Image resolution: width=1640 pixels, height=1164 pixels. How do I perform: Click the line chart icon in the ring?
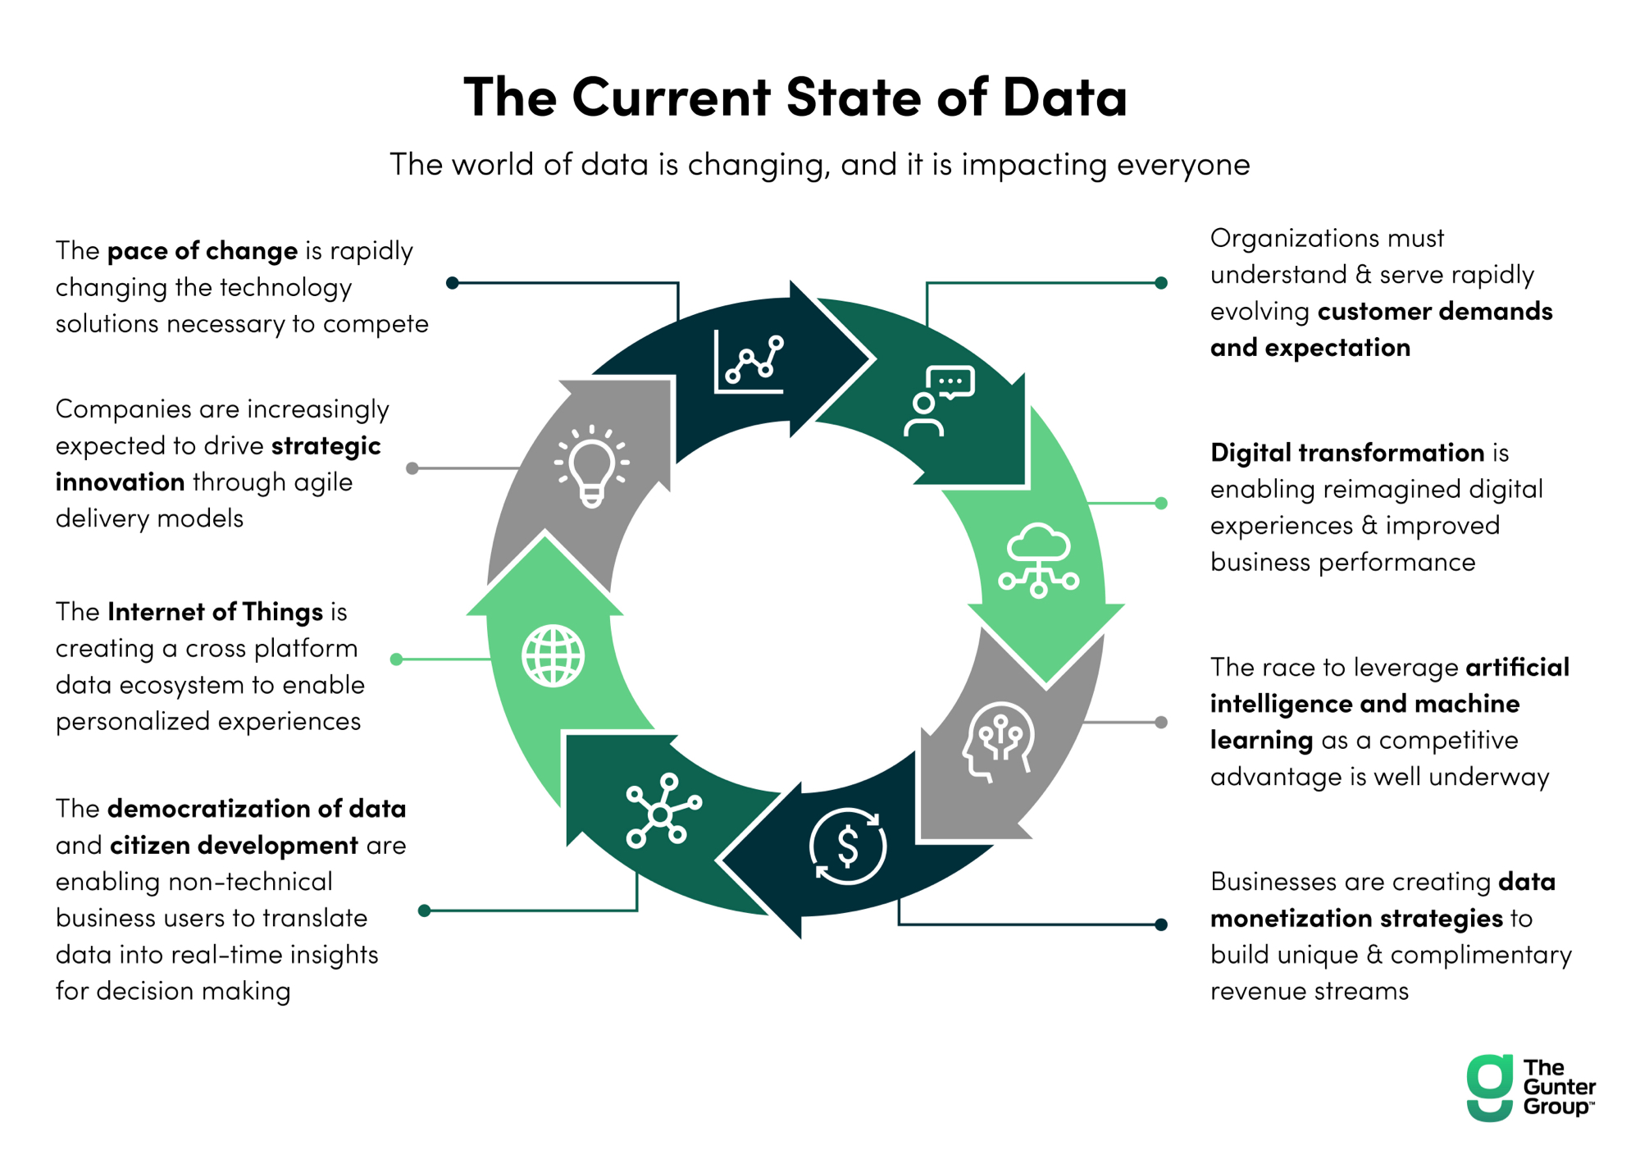749,362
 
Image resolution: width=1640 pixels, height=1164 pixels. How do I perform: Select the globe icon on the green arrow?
553,655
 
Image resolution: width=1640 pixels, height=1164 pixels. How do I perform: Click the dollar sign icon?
848,846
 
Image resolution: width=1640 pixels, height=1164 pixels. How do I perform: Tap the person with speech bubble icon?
939,401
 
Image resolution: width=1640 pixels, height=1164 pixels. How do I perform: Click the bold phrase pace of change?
203,251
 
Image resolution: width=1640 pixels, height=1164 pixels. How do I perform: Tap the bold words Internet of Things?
215,612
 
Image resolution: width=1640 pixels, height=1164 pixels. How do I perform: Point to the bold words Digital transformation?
1347,453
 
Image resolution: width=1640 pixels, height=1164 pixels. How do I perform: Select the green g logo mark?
1489,1087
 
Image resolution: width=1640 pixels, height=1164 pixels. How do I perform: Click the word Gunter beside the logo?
1559,1087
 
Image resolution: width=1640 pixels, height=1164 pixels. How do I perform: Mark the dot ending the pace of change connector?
452,283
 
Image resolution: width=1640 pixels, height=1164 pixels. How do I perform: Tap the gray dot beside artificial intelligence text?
1161,723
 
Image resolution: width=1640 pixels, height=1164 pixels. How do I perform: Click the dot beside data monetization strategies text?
1161,924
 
